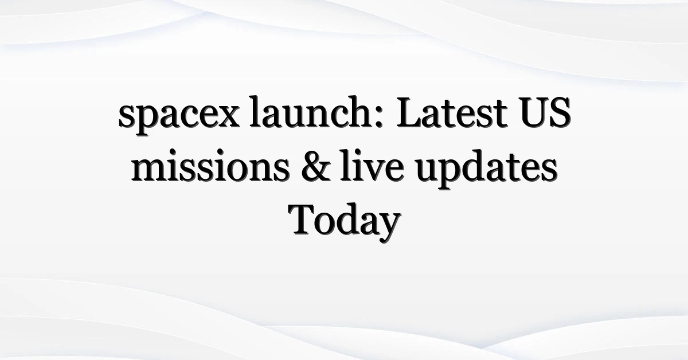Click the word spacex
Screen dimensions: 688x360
point(179,116)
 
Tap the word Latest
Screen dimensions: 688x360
point(452,112)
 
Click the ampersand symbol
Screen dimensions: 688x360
point(316,166)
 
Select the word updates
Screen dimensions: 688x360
point(487,170)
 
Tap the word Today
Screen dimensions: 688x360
point(345,222)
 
